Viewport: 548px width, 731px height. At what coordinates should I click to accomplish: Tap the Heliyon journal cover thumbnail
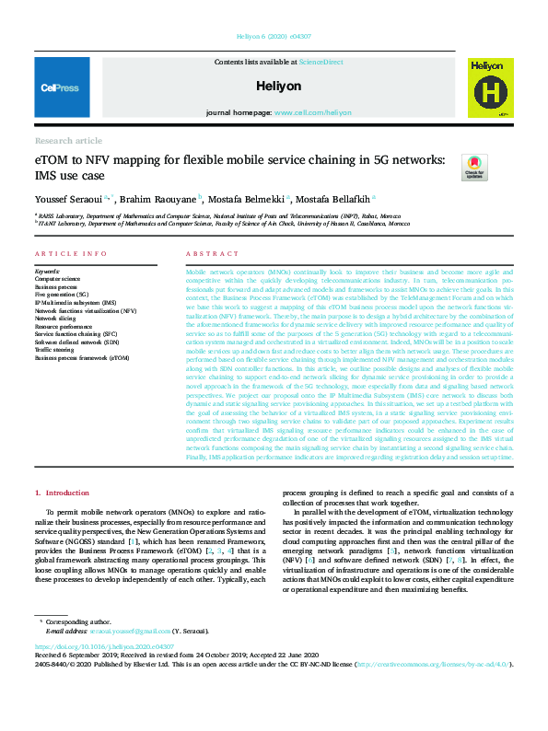click(487, 88)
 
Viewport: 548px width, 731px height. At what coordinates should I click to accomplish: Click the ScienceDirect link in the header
click(320, 61)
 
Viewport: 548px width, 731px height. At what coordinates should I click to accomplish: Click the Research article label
click(68, 141)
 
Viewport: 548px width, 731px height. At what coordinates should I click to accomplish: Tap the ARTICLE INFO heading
click(64, 253)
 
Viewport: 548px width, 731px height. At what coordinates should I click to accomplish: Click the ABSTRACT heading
click(206, 253)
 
